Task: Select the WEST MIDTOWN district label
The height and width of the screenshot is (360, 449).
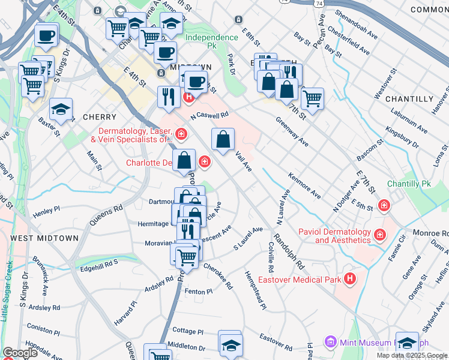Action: click(x=44, y=238)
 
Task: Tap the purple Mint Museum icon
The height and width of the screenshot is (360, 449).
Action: click(x=330, y=342)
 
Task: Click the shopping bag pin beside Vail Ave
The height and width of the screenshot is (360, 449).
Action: click(x=223, y=140)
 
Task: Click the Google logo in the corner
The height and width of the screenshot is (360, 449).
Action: click(x=20, y=353)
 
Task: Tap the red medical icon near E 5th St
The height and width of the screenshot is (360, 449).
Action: click(x=384, y=206)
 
